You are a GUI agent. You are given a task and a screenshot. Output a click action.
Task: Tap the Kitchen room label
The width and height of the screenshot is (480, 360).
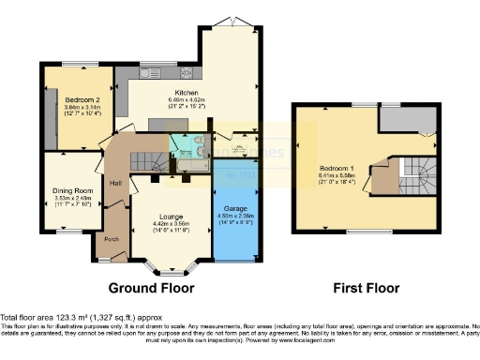pos(186,93)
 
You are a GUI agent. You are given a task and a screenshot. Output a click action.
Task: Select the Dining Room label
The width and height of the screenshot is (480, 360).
pos(72,191)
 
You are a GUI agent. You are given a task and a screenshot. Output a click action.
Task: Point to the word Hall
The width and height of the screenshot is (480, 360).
pos(115,183)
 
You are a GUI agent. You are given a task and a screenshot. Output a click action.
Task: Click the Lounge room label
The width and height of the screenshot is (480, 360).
pos(172,216)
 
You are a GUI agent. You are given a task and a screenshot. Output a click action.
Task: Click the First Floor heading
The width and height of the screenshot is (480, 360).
pos(366,287)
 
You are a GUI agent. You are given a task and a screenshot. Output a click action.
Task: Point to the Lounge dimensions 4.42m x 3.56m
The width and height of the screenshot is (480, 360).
pos(172,223)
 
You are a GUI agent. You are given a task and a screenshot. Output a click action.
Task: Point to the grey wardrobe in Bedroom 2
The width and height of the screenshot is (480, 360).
pos(49,120)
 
